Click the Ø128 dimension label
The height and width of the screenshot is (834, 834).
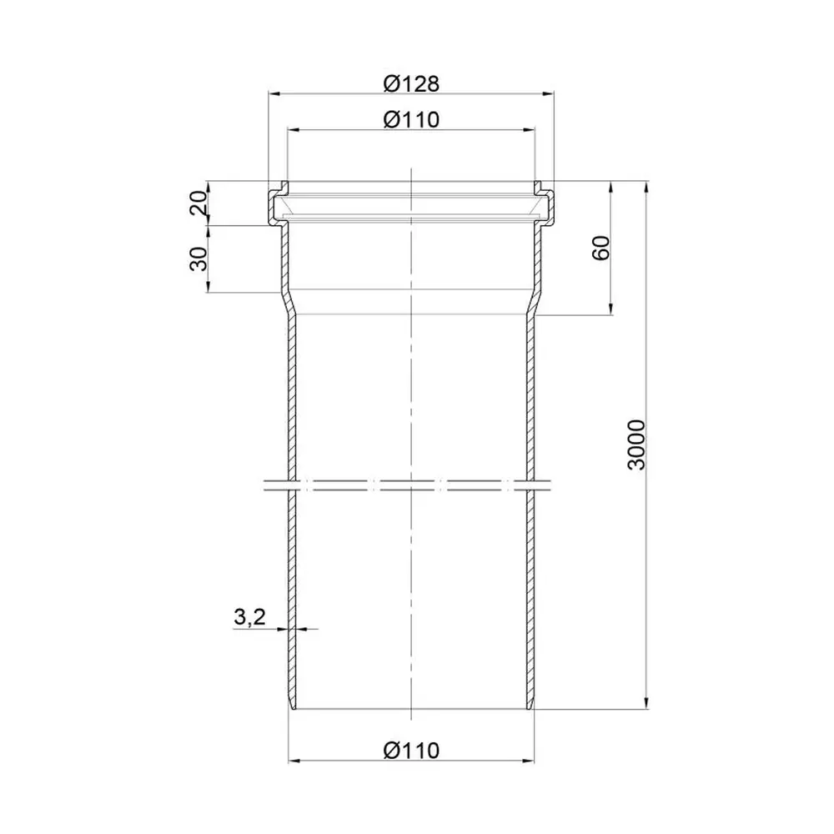[x=411, y=83]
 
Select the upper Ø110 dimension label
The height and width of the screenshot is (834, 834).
[x=411, y=119]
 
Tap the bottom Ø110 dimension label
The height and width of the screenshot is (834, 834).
[x=411, y=751]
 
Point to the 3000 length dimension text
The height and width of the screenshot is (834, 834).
[x=636, y=445]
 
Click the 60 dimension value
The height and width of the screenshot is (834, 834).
[x=600, y=248]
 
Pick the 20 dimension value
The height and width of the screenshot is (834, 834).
[x=198, y=203]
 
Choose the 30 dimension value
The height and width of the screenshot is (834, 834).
[x=198, y=259]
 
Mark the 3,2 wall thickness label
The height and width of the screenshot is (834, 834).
[x=249, y=617]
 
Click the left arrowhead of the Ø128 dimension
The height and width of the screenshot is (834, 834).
[x=274, y=93]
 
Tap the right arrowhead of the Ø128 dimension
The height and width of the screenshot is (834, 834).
[x=548, y=93]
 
